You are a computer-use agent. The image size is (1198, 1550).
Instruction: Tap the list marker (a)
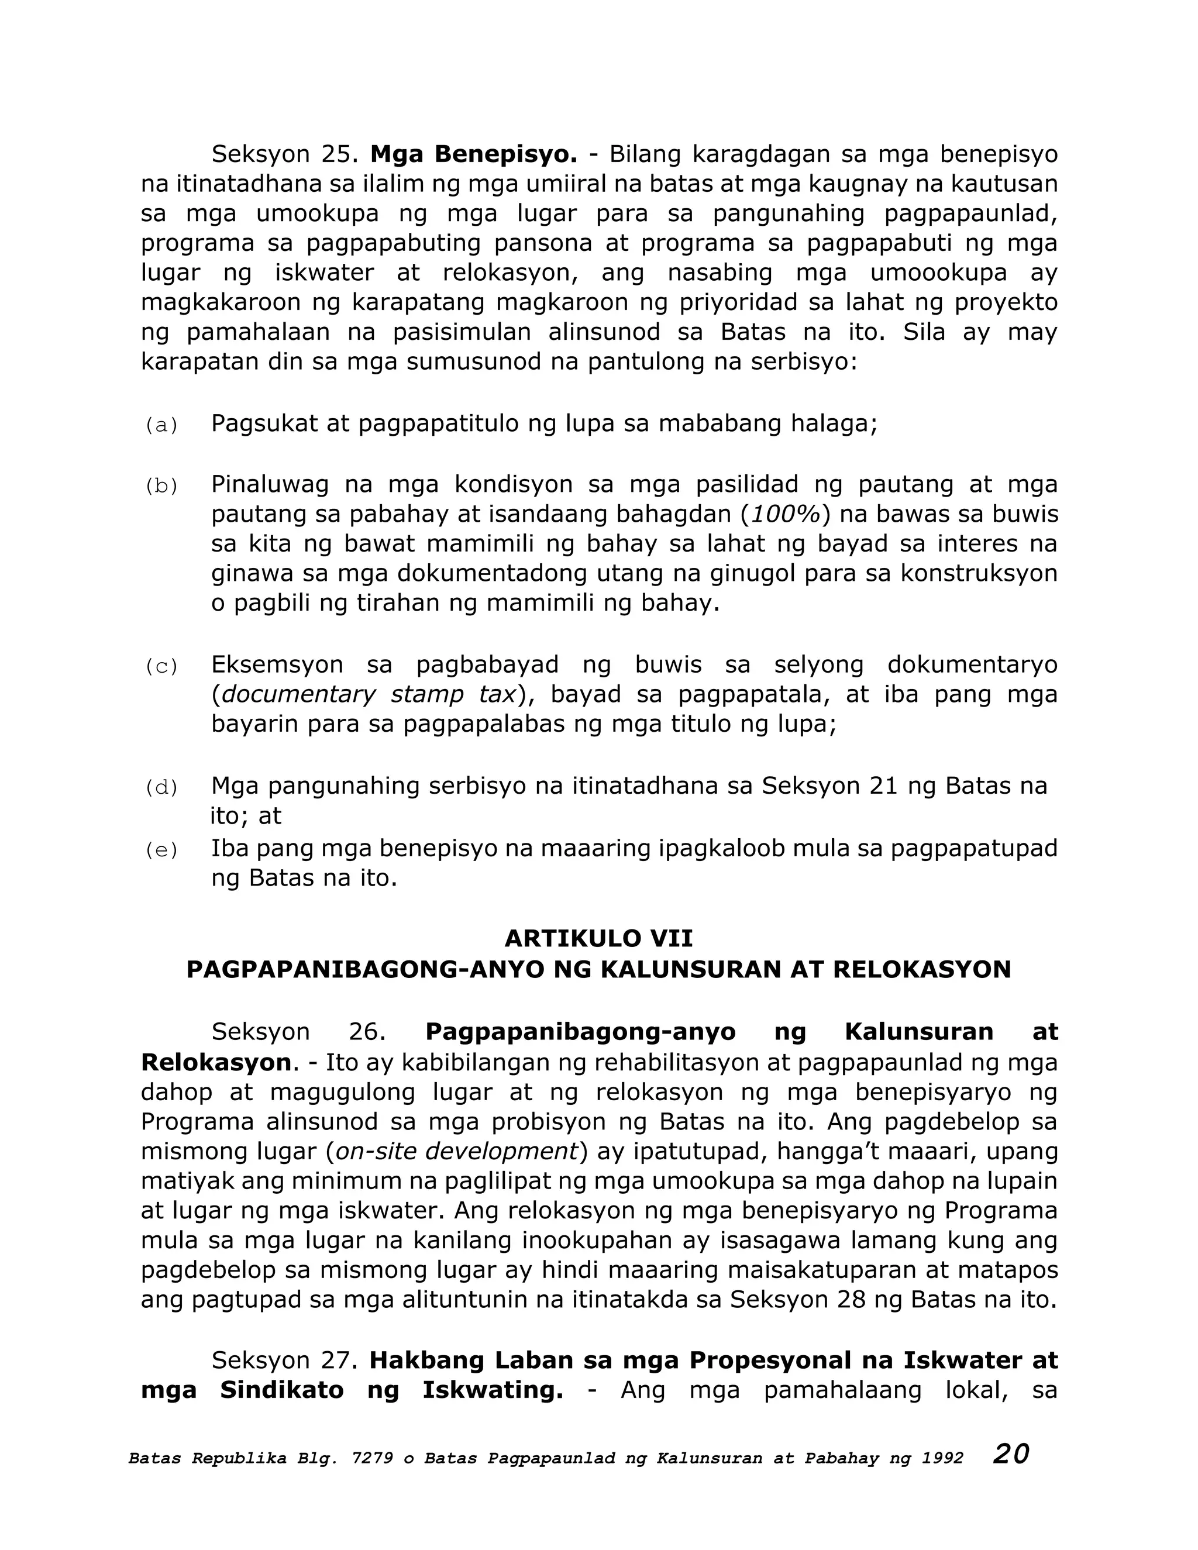tap(161, 426)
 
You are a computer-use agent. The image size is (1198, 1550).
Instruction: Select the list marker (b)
tap(161, 486)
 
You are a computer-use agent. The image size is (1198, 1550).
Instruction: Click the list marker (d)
tap(161, 788)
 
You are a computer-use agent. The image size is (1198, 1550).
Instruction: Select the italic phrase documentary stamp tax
tap(369, 695)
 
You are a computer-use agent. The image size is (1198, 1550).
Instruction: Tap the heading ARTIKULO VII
tap(598, 939)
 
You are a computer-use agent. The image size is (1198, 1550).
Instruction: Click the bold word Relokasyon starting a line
tap(216, 1062)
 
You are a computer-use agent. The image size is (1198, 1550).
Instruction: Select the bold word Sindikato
tap(282, 1390)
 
